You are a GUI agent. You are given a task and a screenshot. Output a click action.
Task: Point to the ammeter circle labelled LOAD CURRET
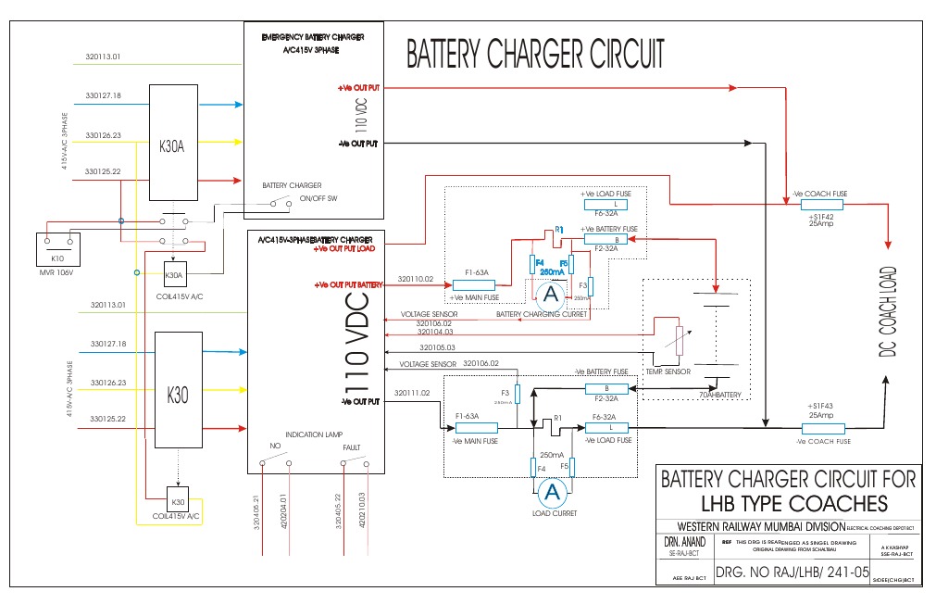click(553, 491)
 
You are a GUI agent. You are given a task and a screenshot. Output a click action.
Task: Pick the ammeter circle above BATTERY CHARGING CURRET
click(552, 295)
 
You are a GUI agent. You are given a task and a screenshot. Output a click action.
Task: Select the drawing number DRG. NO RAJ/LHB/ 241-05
click(792, 572)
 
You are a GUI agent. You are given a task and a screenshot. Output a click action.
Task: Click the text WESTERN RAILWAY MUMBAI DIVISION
click(751, 525)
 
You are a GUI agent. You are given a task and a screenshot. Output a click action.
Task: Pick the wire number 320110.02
click(416, 278)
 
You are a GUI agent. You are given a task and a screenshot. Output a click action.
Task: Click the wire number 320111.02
click(412, 393)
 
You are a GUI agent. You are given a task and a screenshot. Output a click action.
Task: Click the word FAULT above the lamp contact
click(352, 446)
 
